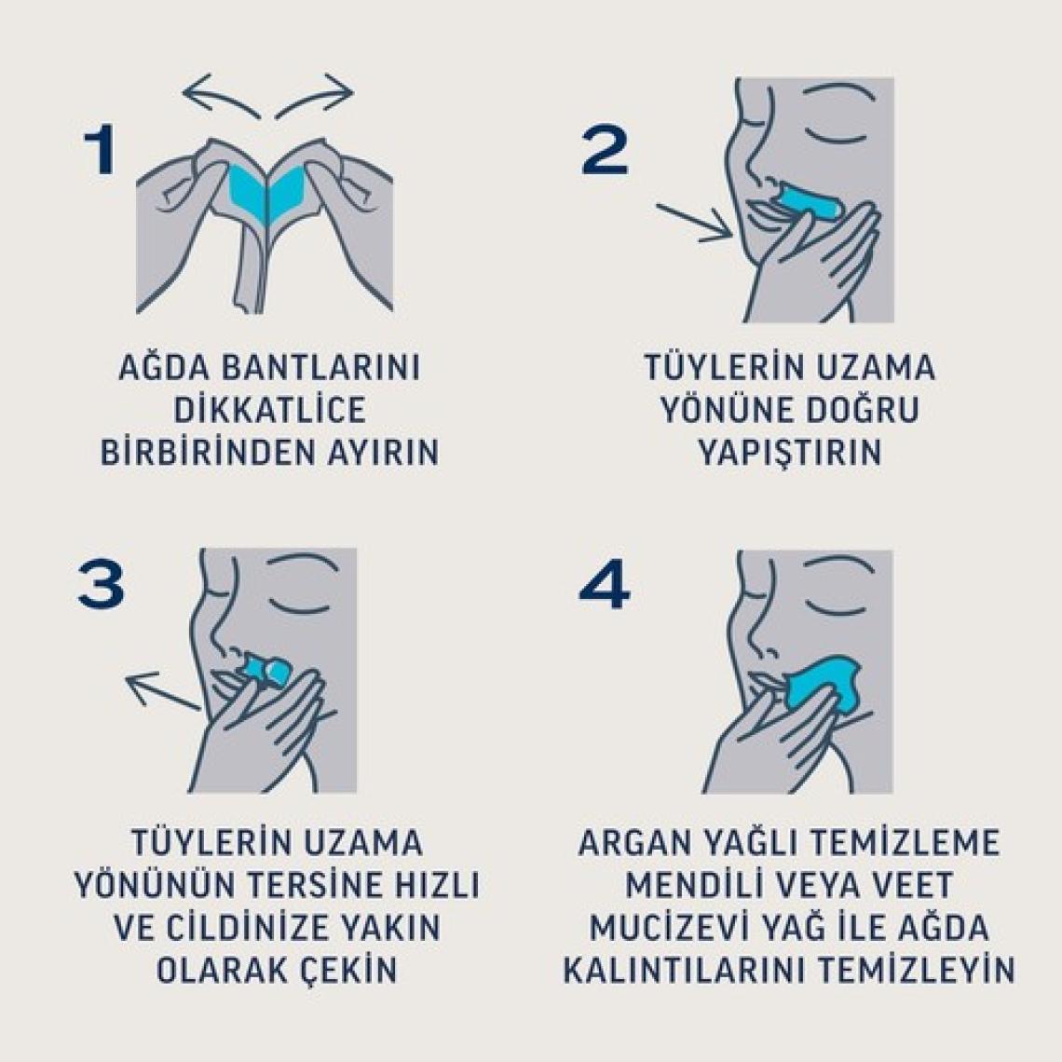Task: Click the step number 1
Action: coord(100,151)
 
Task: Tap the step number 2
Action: coord(605,151)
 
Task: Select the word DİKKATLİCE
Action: coord(269,410)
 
